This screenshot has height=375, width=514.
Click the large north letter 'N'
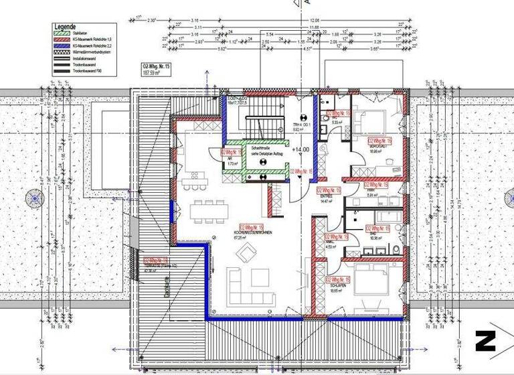[485, 341]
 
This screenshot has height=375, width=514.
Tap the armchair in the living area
[248, 253]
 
